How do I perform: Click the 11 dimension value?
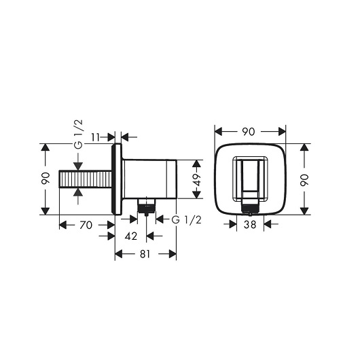tap(96, 137)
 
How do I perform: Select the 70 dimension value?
tap(86, 225)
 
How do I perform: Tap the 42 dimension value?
tap(131, 236)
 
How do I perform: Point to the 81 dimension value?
tap(145, 254)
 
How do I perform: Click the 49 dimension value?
tap(197, 179)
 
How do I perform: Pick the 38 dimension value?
tap(250, 224)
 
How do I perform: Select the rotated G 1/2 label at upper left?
tap(79, 134)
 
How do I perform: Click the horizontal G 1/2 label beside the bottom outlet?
tap(186, 220)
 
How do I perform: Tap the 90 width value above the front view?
tap(249, 132)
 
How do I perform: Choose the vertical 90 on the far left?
tap(46, 178)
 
